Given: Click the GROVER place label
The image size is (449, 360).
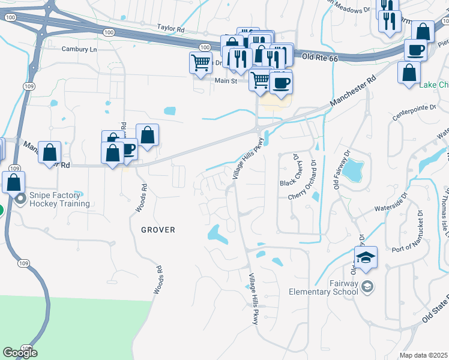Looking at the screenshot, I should pyautogui.click(x=158, y=230).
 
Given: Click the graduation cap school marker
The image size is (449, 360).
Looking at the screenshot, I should pyautogui.click(x=366, y=259).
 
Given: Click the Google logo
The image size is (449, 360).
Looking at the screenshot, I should pyautogui.click(x=20, y=352).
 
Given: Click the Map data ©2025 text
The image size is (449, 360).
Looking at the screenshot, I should pyautogui.click(x=423, y=355).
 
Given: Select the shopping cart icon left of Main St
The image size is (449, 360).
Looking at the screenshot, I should pyautogui.click(x=200, y=62).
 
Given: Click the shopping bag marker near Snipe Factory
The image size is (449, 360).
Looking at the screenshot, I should pyautogui.click(x=13, y=181).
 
